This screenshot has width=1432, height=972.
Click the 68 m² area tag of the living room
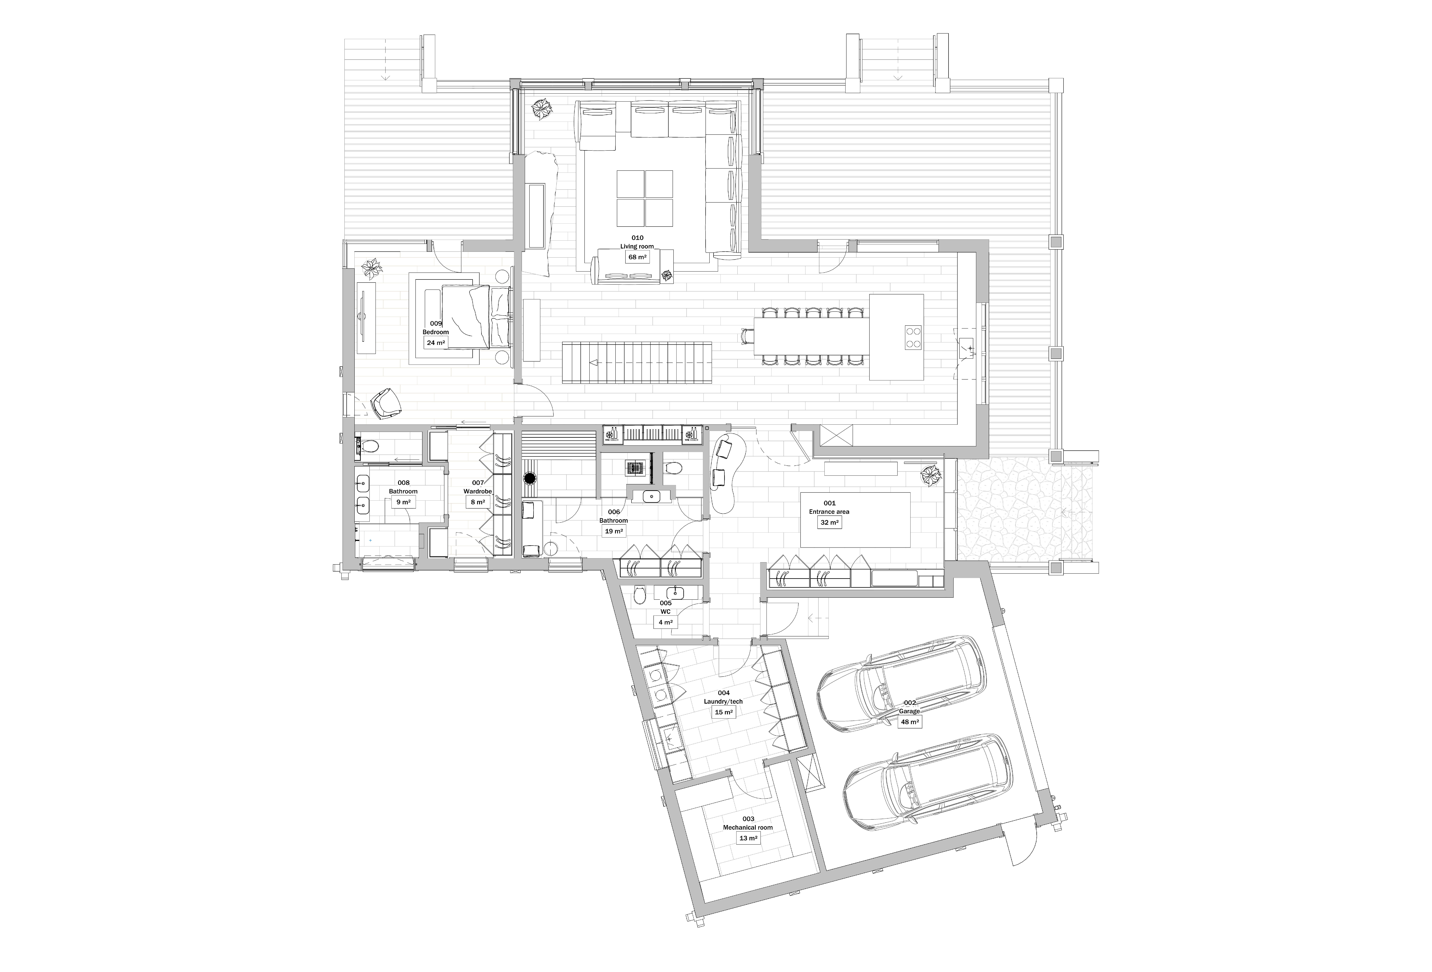pyautogui.click(x=637, y=257)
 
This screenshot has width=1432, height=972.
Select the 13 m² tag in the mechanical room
pyautogui.click(x=749, y=838)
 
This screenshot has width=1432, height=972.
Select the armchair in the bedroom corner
pyautogui.click(x=386, y=404)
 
